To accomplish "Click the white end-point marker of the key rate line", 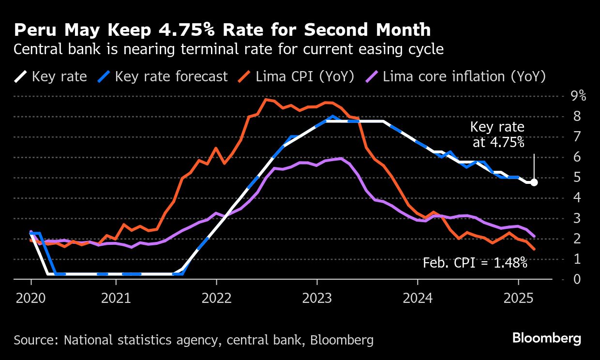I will click(x=534, y=182).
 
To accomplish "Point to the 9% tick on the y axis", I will click(x=578, y=96).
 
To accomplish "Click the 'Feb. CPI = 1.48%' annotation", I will click(x=475, y=263).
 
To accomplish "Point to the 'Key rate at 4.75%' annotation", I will click(x=497, y=135).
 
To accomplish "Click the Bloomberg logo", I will click(x=547, y=338).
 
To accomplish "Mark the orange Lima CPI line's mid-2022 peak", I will click(x=266, y=99).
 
